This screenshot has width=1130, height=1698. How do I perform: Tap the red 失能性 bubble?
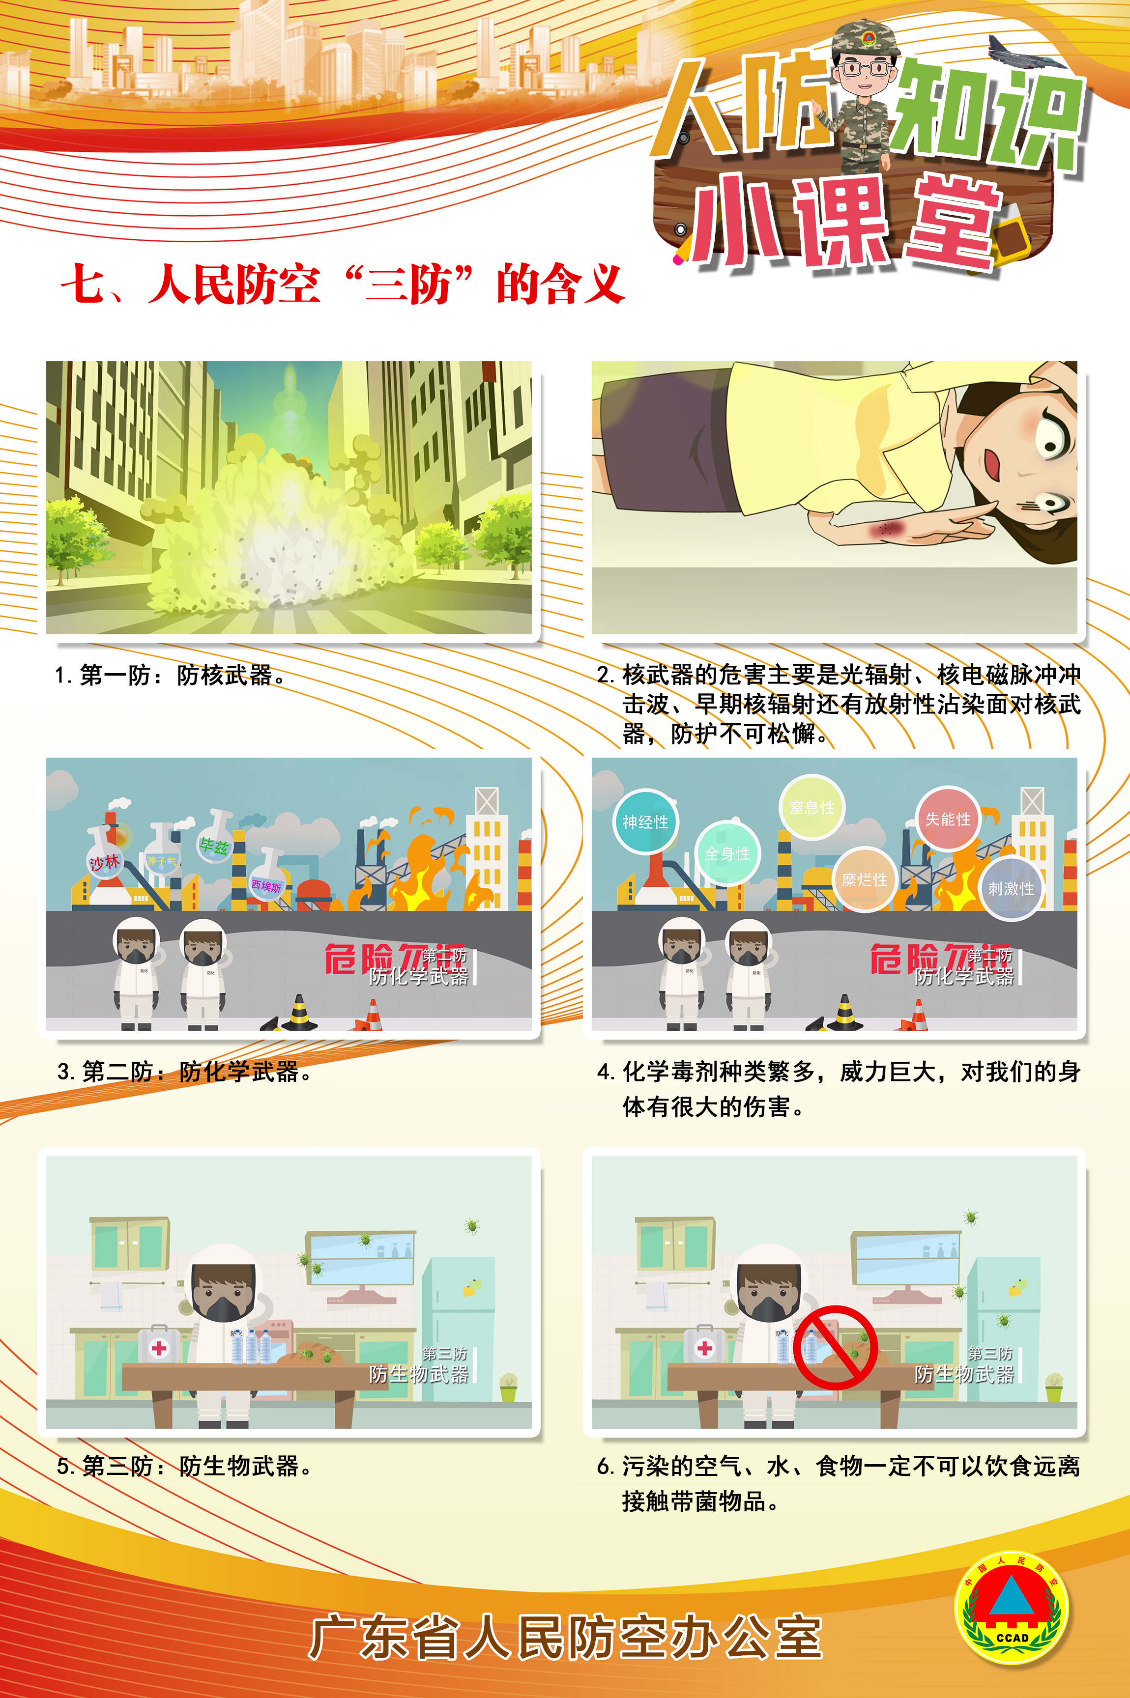point(947,819)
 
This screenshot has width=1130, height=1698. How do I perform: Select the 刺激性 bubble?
point(1011,888)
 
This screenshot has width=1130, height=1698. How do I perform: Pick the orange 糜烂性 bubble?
point(864,879)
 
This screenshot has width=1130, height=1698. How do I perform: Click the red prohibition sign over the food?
point(835,1347)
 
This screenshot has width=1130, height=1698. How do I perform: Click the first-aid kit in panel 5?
point(159,1344)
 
